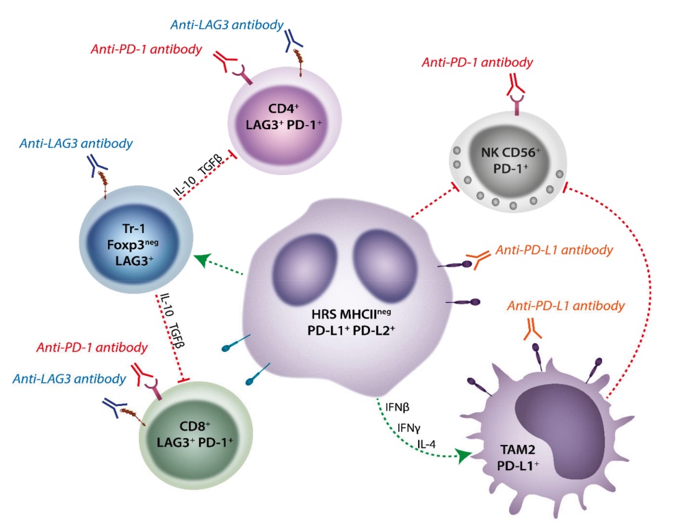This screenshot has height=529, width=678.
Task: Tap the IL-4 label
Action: (428, 446)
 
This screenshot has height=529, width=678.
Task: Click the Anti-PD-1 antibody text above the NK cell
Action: (477, 63)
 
